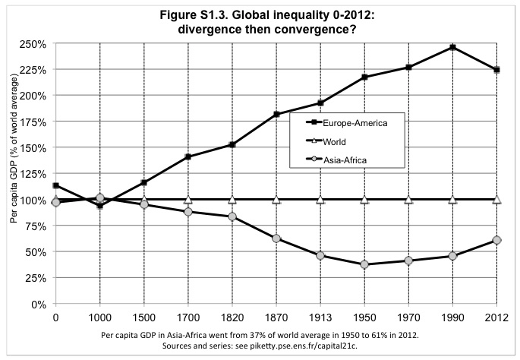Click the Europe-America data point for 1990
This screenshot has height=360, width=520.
click(453, 47)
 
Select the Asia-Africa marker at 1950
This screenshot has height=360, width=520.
click(364, 264)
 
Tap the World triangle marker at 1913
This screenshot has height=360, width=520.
click(320, 200)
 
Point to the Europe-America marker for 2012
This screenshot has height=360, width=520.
click(497, 70)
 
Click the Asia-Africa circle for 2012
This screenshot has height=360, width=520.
click(497, 240)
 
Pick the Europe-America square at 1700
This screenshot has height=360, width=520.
click(188, 157)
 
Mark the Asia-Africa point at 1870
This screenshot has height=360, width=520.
click(276, 238)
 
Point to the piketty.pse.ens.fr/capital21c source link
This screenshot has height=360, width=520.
click(327, 346)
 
